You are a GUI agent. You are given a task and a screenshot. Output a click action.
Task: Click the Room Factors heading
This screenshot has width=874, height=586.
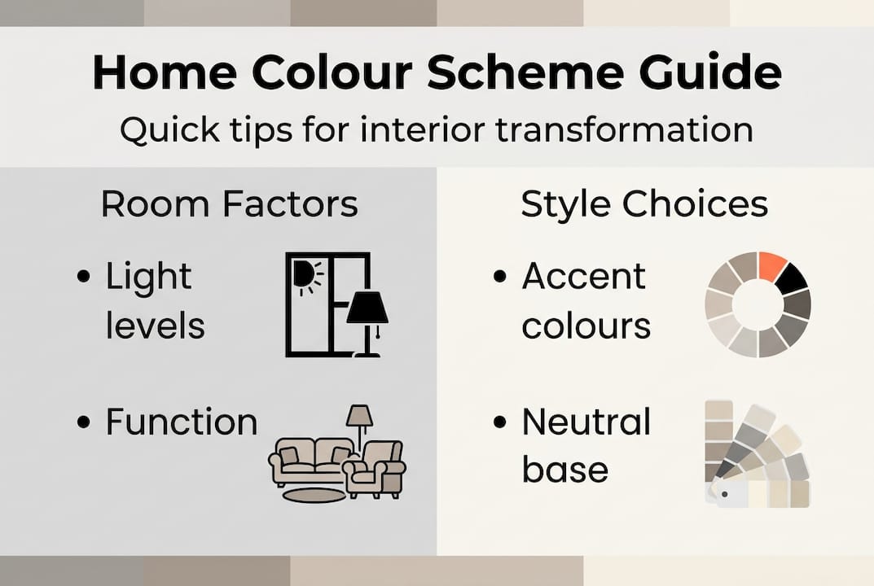[229, 203]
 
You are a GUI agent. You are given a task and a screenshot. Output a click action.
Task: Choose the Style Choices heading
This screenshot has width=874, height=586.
[643, 203]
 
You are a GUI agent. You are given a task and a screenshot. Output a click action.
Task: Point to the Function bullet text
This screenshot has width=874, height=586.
[182, 422]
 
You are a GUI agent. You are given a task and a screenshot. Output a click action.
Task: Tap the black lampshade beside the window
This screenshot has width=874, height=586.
[367, 308]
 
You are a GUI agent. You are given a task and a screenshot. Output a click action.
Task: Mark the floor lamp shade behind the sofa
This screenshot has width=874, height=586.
[358, 416]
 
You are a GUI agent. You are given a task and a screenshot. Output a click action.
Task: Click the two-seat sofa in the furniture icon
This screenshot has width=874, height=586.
[307, 460]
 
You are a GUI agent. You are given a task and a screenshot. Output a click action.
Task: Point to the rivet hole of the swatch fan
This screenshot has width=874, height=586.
[723, 494]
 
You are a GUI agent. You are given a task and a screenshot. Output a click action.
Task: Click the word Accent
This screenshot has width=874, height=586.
[583, 276]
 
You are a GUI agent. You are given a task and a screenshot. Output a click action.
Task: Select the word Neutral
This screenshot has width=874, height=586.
[586, 422]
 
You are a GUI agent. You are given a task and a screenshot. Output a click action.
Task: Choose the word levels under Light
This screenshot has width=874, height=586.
[155, 326]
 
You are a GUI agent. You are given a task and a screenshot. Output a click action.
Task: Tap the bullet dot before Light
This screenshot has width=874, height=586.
[82, 277]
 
